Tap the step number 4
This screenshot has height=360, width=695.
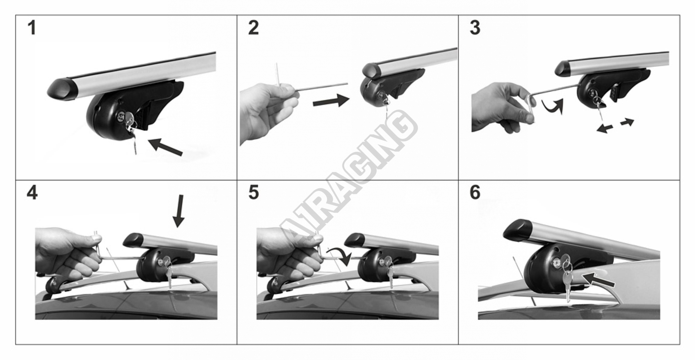coord(32,193)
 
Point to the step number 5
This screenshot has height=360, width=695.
coord(254,193)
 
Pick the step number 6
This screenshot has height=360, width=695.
coord(475,193)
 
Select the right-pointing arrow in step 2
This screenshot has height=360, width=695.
coord(331,101)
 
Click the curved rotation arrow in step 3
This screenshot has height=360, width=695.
coord(552,106)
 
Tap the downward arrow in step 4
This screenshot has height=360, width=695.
coord(179,211)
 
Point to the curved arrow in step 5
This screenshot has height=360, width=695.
coord(340,256)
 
